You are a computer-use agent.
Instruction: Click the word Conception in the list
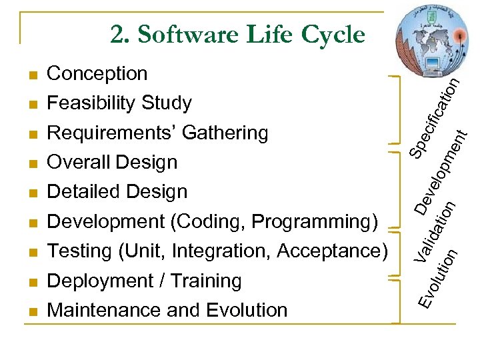tap(97, 73)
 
